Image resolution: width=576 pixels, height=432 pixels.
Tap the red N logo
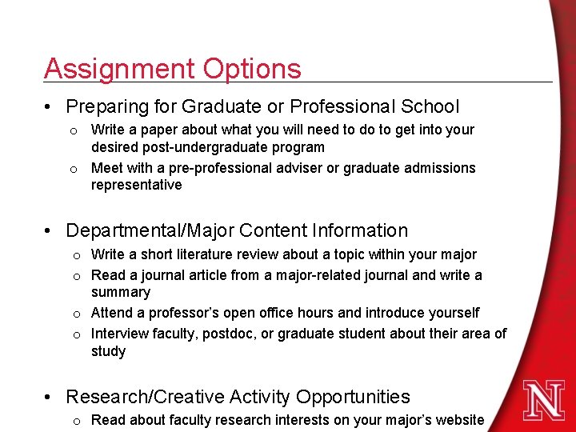coord(545,399)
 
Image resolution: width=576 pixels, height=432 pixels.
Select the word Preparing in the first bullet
coord(108,106)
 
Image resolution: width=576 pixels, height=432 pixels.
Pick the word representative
coord(137,186)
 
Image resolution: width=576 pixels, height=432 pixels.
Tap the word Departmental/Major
coord(150,231)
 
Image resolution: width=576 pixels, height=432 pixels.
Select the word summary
coord(121,293)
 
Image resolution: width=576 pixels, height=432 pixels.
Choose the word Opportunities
coord(353,397)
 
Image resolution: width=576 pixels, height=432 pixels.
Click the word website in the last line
coord(458,420)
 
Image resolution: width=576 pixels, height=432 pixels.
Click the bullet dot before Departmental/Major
coord(50,232)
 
